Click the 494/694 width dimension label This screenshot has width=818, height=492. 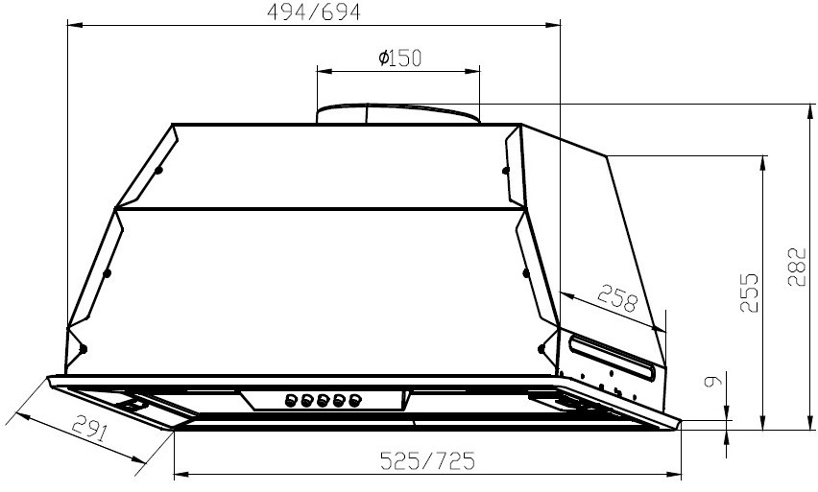[314, 12]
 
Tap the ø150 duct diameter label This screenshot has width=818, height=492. [399, 58]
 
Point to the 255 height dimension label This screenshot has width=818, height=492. [749, 292]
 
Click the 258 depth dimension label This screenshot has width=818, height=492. [617, 297]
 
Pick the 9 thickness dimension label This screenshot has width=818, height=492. [713, 381]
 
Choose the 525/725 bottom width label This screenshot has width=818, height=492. [428, 460]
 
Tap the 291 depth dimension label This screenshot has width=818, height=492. [89, 428]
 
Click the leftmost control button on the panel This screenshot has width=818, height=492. [291, 400]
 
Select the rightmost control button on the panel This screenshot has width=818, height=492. [354, 400]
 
